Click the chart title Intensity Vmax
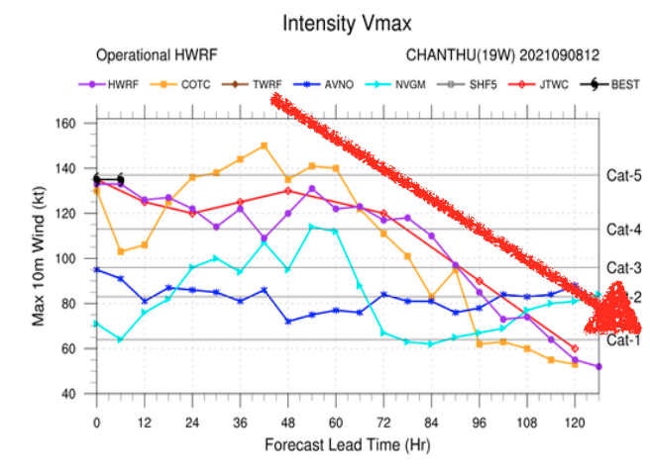point(346,21)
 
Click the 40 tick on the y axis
point(71,394)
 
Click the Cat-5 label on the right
point(623,175)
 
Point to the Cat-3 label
point(623,267)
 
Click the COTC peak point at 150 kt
point(264,145)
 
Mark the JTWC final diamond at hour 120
point(575,348)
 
